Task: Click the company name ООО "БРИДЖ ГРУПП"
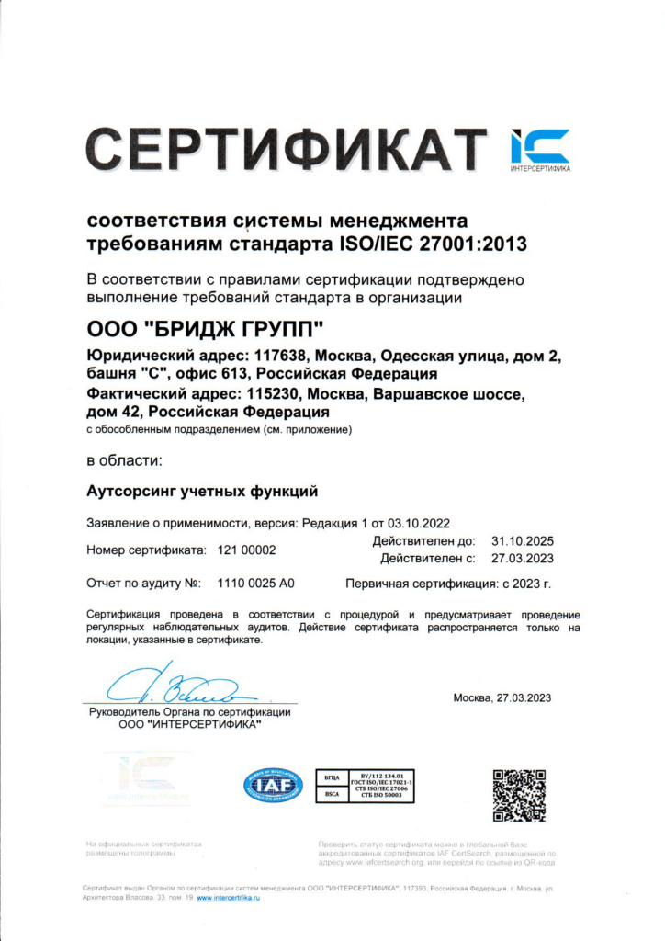click(x=206, y=329)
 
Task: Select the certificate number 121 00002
click(x=246, y=550)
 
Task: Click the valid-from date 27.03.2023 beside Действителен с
click(x=523, y=558)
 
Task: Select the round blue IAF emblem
click(x=272, y=786)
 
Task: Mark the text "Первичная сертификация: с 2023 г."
click(x=447, y=584)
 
